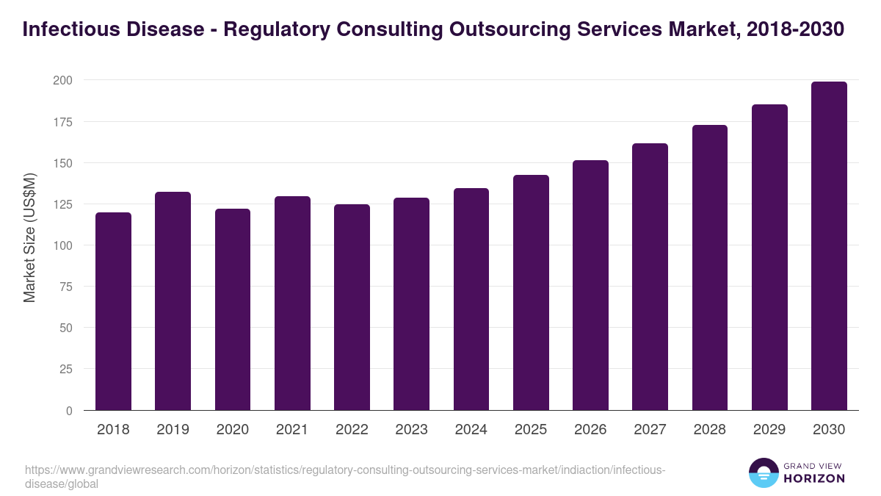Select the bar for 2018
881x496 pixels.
tap(113, 312)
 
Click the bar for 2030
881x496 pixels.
tap(829, 246)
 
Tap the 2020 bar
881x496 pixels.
tap(233, 309)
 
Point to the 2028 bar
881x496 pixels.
tap(709, 267)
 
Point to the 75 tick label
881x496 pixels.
tap(65, 287)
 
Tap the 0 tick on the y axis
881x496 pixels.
tap(69, 411)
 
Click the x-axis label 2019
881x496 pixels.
tap(173, 430)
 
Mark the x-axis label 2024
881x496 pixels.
tap(471, 430)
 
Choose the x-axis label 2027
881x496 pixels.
tap(650, 430)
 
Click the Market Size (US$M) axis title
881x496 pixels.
tap(29, 237)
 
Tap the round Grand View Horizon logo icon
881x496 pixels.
tap(763, 472)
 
